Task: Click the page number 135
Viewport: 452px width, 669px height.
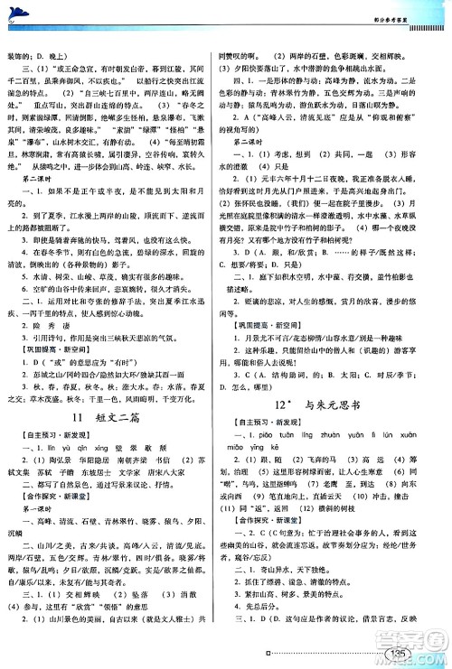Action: pyautogui.click(x=396, y=655)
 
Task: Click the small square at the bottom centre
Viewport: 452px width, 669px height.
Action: pyautogui.click(x=259, y=655)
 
